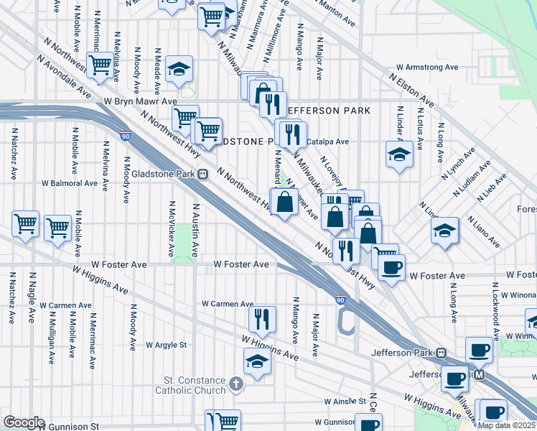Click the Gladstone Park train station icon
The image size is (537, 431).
point(203,174)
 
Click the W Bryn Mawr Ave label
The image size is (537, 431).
point(140,102)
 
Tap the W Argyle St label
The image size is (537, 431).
point(166,345)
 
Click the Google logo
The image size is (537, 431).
point(24,422)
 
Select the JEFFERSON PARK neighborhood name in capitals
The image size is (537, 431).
point(328,111)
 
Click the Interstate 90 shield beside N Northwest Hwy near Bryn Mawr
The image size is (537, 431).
point(126,135)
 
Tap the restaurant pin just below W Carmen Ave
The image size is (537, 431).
point(262,318)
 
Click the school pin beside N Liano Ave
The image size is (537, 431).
point(445,231)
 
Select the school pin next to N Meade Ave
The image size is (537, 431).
point(179,69)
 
